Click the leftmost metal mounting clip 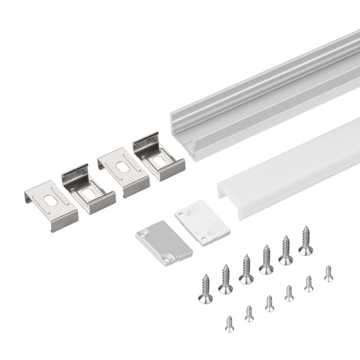(x=50, y=205)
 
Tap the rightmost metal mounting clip (x=158, y=156)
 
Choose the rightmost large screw (x=305, y=241)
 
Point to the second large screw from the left (x=226, y=280)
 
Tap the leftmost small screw (x=229, y=324)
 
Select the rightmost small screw (x=328, y=274)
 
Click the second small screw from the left (x=249, y=313)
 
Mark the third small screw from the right (x=289, y=293)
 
